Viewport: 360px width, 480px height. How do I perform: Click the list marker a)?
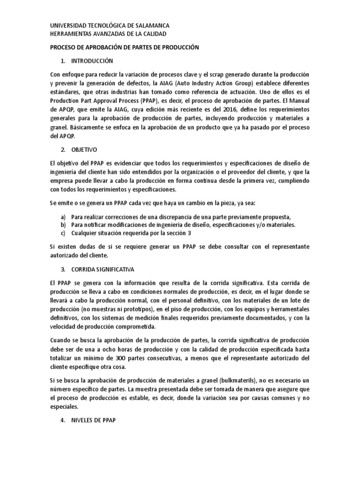(x=63, y=217)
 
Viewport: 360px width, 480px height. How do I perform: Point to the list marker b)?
(x=63, y=225)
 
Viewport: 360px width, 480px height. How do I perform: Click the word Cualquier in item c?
(x=86, y=233)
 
